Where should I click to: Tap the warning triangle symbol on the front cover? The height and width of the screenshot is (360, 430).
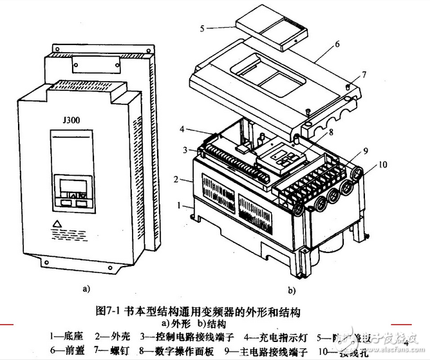click(59, 225)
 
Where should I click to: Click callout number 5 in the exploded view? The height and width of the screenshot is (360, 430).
click(202, 28)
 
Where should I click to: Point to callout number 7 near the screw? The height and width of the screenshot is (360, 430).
click(364, 75)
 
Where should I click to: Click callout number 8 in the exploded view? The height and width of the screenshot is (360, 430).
click(313, 134)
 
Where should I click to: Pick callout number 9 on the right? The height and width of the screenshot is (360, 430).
click(364, 151)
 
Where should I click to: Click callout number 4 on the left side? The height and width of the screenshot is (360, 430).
click(182, 129)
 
